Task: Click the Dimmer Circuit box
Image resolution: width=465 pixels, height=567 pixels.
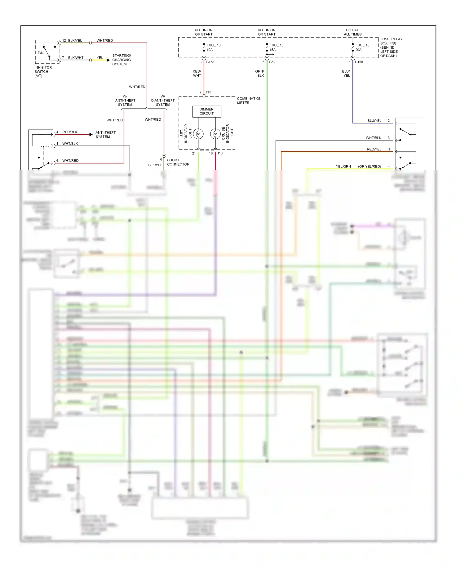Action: (206, 111)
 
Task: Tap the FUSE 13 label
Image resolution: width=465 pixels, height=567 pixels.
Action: (213, 45)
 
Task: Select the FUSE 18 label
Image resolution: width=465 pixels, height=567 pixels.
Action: (276, 45)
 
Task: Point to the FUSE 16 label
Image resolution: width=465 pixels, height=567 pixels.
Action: (362, 45)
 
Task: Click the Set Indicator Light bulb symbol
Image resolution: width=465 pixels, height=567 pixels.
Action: (198, 134)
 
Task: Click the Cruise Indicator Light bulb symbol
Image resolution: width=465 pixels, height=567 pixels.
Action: (215, 134)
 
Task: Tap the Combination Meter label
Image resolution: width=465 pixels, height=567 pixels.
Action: (249, 100)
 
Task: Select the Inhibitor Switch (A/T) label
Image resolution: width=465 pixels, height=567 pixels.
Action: (43, 71)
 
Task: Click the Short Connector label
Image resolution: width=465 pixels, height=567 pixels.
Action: (178, 162)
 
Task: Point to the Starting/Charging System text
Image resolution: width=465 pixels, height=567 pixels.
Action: (121, 60)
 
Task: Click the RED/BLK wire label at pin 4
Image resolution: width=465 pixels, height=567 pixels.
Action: (70, 132)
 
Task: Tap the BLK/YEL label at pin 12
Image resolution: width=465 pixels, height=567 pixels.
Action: (75, 41)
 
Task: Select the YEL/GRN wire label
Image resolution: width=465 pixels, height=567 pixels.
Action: (343, 167)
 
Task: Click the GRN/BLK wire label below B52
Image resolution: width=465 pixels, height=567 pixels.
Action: (260, 73)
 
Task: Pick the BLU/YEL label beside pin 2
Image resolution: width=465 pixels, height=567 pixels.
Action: (374, 121)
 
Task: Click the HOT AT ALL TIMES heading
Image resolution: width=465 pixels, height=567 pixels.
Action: (352, 32)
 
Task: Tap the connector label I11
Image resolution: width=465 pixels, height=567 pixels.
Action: (209, 92)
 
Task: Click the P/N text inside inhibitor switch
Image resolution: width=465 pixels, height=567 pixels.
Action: (41, 53)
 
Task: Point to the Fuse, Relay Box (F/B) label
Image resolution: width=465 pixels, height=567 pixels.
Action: (391, 47)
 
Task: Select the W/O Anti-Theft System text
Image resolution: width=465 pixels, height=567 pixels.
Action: (163, 100)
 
